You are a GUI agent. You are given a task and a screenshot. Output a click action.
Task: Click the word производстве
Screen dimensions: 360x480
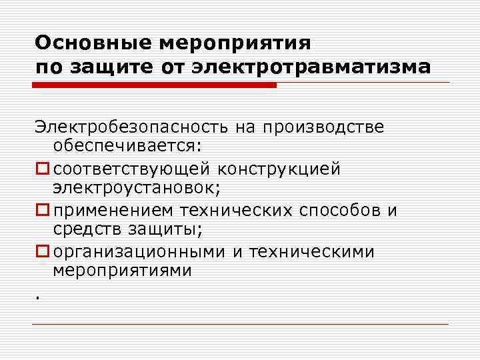(x=323, y=127)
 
